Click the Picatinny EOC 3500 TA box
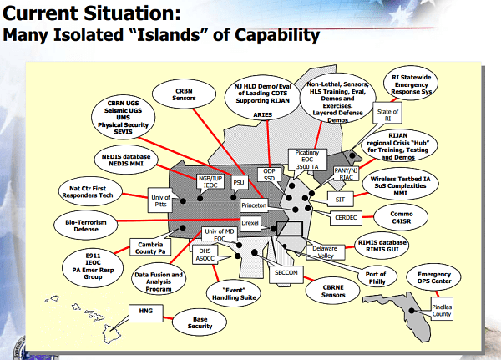306,160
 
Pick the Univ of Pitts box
160,200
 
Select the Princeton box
254,205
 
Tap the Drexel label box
250,224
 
